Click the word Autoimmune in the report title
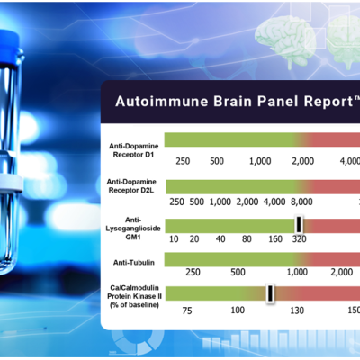tap(162, 101)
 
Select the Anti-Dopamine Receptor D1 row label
tap(133, 150)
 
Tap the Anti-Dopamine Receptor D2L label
tap(131, 186)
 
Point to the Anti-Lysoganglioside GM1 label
tap(133, 229)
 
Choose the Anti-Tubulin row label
tap(134, 263)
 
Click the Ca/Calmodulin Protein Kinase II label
tap(134, 296)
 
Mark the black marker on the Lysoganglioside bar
tap(299, 224)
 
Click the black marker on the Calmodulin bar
tap(270, 293)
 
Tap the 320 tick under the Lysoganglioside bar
tap(300, 239)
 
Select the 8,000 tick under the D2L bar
tap(301, 202)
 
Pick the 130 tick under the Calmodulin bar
tap(297, 310)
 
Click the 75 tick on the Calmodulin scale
tap(187, 310)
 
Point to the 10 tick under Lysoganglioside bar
tap(174, 239)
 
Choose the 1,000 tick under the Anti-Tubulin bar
tap(297, 272)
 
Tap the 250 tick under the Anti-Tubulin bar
tap(193, 272)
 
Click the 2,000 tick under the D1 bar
tap(303, 161)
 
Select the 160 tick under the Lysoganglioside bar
tap(275, 239)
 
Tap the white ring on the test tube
tap(11, 183)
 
